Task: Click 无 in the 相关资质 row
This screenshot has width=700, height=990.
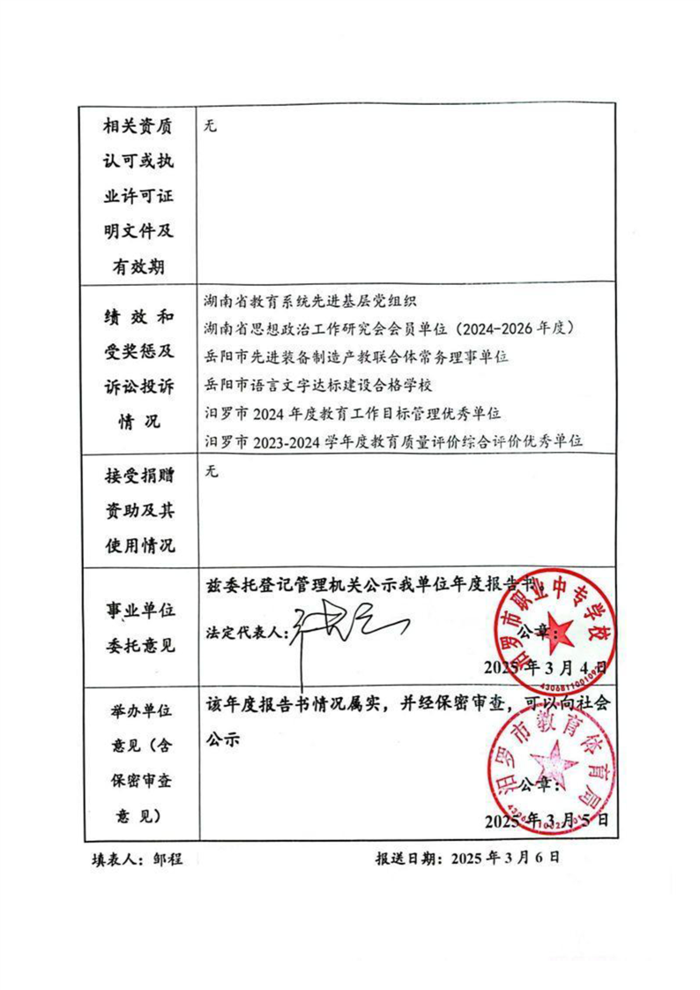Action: click(x=210, y=125)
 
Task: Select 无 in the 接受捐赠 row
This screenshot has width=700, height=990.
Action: click(x=210, y=471)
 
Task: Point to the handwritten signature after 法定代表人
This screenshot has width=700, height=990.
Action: click(x=348, y=627)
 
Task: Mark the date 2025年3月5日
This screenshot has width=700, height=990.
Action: click(x=546, y=820)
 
